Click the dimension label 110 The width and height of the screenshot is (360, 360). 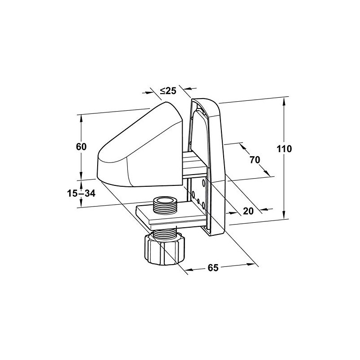pyautogui.click(x=284, y=149)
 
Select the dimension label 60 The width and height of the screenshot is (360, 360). pyautogui.click(x=81, y=147)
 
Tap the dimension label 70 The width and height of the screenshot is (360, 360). pyautogui.click(x=255, y=160)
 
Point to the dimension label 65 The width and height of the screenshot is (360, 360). pyautogui.click(x=213, y=268)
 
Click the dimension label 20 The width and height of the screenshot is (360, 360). pyautogui.click(x=248, y=211)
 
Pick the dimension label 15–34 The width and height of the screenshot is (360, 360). pyautogui.click(x=81, y=193)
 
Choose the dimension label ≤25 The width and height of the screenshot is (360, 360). pyautogui.click(x=168, y=91)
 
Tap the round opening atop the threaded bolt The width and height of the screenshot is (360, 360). pyautogui.click(x=165, y=201)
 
